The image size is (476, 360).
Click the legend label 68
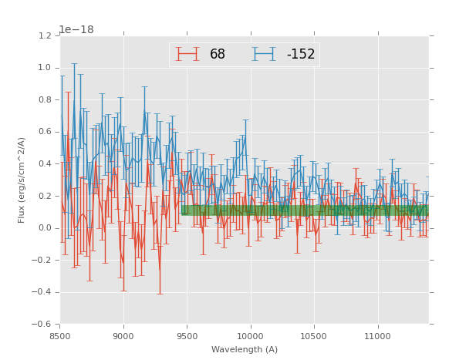(218, 55)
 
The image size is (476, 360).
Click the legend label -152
(301, 55)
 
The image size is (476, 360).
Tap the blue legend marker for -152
(264, 54)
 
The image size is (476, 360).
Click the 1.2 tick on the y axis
(45, 35)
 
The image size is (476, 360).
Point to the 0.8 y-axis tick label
(45, 99)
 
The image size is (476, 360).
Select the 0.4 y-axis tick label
(45, 163)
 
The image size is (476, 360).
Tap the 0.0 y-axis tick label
(45, 227)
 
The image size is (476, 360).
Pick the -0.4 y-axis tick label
(43, 292)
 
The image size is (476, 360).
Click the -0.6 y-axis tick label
(43, 324)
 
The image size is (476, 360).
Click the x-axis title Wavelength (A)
(245, 349)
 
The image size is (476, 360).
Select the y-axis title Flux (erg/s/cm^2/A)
(22, 180)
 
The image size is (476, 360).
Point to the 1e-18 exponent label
(77, 30)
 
